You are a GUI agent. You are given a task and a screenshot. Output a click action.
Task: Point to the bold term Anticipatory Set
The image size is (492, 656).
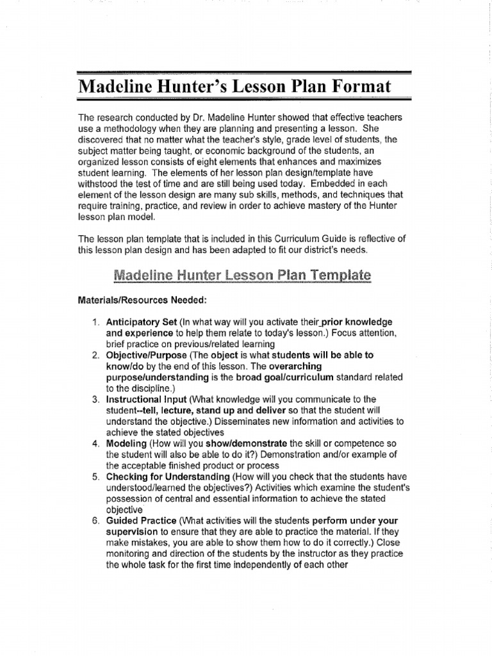(142, 321)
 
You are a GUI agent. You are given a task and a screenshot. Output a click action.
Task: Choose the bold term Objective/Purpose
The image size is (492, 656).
(146, 354)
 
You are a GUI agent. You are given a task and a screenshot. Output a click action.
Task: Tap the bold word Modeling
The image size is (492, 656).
(126, 443)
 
